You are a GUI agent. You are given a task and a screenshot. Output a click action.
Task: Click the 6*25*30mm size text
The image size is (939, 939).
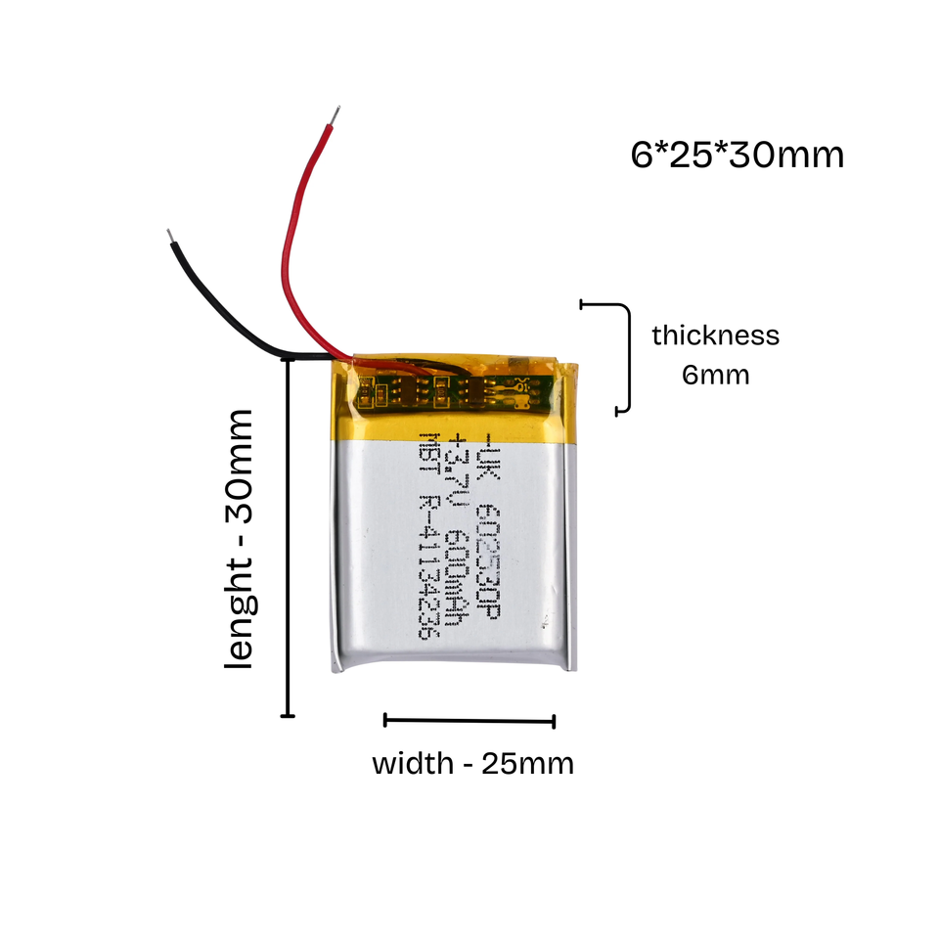[x=737, y=156]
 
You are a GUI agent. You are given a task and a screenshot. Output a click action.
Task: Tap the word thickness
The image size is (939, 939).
[x=716, y=335]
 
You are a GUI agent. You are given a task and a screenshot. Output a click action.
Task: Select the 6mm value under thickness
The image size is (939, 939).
[x=716, y=375]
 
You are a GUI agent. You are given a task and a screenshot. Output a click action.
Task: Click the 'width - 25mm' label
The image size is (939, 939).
[x=472, y=763]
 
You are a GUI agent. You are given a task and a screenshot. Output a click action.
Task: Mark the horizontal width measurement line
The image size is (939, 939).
[x=469, y=722]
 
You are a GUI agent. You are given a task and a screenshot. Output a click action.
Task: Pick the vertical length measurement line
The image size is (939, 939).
[x=287, y=538]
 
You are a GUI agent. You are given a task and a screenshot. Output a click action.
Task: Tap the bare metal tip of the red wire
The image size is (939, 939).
[x=335, y=115]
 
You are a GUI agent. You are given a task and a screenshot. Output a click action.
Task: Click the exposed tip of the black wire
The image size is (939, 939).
[x=171, y=237]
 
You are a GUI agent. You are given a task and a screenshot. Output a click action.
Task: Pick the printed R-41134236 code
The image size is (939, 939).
[x=426, y=567]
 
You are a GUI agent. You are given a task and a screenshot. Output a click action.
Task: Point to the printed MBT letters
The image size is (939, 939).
[x=426, y=459]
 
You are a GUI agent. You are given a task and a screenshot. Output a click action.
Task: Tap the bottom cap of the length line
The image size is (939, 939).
[x=287, y=717]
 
